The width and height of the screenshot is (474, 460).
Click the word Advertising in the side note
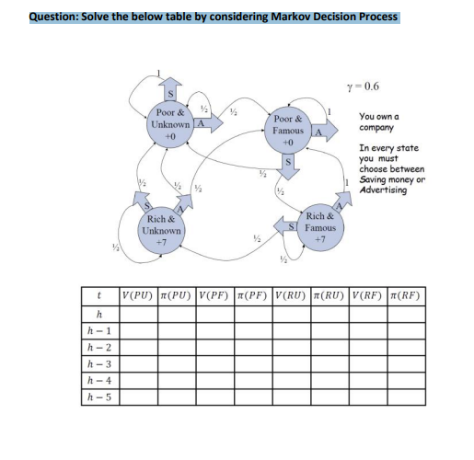(x=384, y=190)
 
